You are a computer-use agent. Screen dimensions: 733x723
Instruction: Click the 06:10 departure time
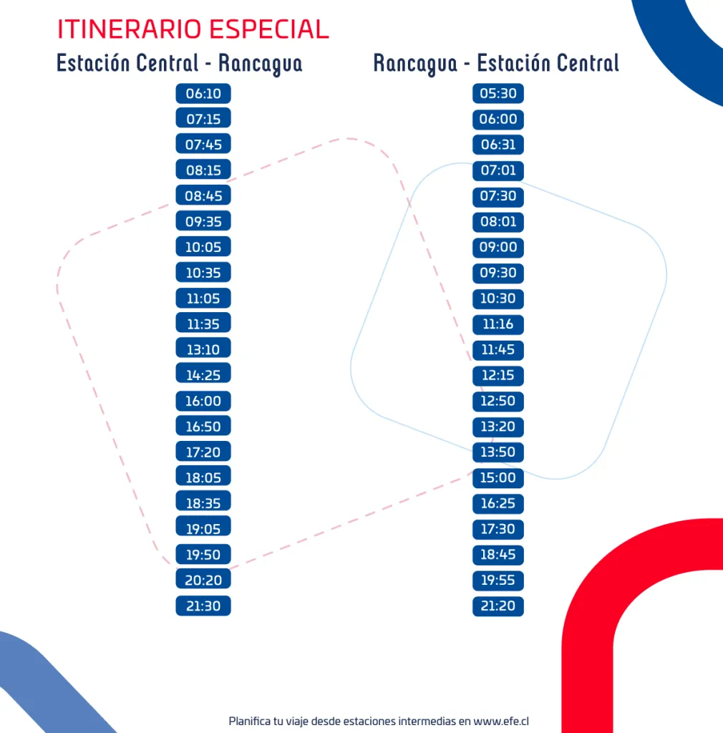tap(203, 94)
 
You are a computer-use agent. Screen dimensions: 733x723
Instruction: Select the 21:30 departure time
tap(203, 606)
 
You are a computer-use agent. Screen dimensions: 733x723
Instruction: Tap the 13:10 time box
tap(203, 349)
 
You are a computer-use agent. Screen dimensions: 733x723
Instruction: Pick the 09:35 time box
tap(203, 221)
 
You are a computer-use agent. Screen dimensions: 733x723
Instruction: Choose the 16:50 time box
tap(203, 426)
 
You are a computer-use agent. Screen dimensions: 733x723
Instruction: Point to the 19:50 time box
tap(203, 554)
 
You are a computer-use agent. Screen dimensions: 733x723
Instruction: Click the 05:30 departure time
tap(498, 94)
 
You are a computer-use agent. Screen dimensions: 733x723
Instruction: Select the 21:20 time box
tap(498, 606)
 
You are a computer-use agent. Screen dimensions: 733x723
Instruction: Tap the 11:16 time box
tap(498, 324)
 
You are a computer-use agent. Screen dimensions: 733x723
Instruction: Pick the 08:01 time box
tap(498, 221)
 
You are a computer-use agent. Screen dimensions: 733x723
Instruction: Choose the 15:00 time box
tap(498, 477)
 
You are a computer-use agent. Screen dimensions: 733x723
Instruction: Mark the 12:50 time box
tap(498, 401)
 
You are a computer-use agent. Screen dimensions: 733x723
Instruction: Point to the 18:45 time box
tap(498, 554)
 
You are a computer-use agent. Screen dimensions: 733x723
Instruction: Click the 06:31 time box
tap(498, 145)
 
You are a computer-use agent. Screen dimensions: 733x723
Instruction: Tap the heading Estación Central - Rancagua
tap(179, 63)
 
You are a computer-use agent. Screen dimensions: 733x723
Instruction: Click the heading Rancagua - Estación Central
tap(495, 63)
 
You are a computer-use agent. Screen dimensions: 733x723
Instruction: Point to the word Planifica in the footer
tap(250, 721)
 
